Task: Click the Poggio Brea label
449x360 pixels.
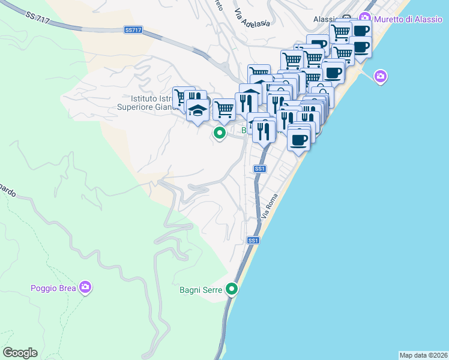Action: [x=53, y=288]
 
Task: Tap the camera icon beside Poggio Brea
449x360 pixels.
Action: [x=85, y=287]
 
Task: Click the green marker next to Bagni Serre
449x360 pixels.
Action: [x=232, y=289]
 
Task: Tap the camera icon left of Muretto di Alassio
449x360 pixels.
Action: [x=364, y=17]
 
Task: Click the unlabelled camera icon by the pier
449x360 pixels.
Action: [x=379, y=77]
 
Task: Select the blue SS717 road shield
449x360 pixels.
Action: [x=133, y=29]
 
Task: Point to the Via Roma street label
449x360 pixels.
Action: [x=272, y=206]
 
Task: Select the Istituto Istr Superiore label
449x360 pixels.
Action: [x=147, y=103]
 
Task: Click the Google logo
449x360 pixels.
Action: [x=20, y=353]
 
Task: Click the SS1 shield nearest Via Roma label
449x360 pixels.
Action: [x=259, y=169]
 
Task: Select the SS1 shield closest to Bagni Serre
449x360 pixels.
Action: [x=253, y=241]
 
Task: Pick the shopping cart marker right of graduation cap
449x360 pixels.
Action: [x=224, y=109]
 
